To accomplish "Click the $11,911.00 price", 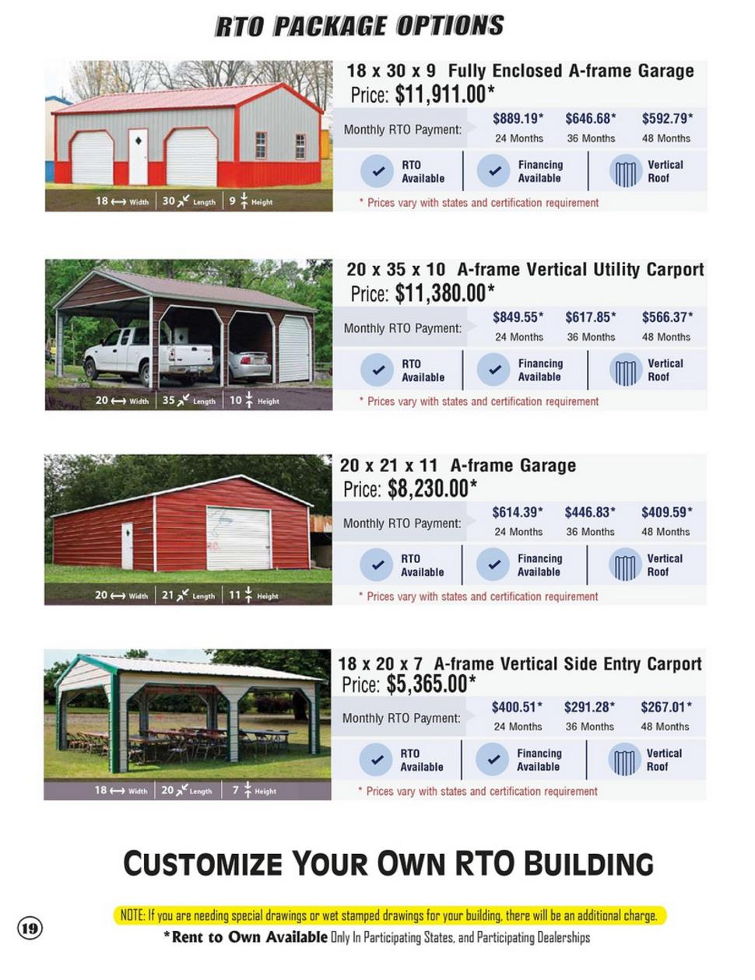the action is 444,94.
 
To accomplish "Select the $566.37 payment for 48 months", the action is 667,317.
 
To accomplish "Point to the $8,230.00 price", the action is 432,488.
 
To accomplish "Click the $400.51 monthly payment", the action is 517,707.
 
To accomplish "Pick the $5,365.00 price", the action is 431,684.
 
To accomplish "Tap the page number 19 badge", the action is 30,929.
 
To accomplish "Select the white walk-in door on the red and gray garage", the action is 138,156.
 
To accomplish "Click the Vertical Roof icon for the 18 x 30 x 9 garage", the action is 626,171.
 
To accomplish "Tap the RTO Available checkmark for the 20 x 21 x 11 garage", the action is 377,565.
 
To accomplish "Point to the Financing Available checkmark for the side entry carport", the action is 492,759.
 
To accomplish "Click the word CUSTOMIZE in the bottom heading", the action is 202,863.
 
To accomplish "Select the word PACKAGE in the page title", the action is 330,26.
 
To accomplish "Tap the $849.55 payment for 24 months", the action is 518,317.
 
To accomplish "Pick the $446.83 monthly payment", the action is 590,512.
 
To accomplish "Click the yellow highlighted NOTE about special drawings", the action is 389,915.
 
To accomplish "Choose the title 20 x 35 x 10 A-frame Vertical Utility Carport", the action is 525,270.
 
